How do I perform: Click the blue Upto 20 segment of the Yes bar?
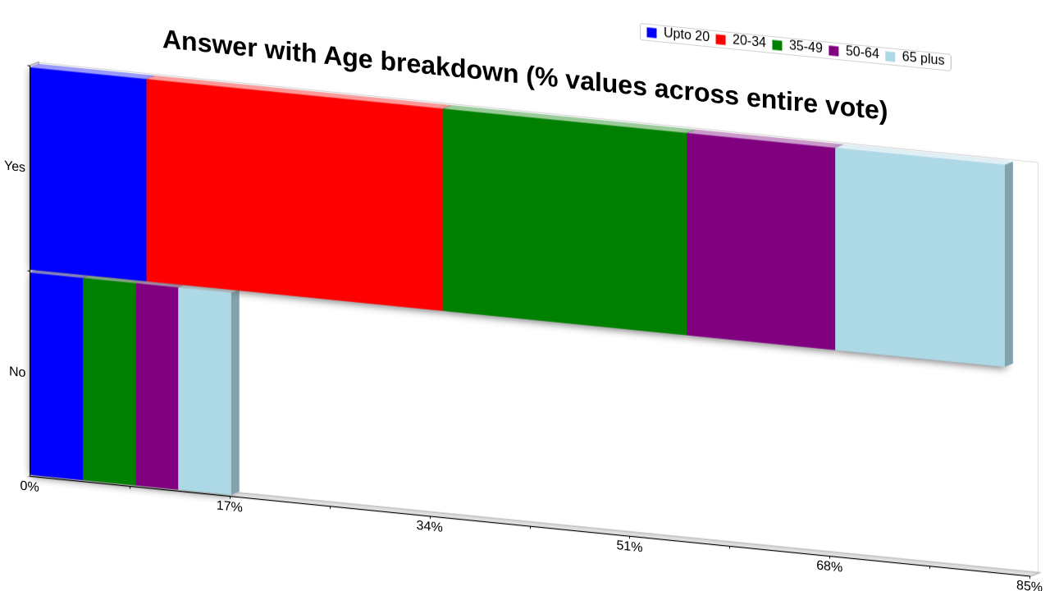click(x=88, y=174)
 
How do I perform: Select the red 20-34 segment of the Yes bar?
click(x=294, y=195)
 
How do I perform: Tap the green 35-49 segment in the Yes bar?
click(x=565, y=222)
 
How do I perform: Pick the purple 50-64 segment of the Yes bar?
click(x=760, y=241)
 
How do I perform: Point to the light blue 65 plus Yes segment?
click(x=920, y=257)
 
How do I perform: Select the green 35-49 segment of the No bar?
click(x=110, y=382)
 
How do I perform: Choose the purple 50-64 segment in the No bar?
click(x=157, y=387)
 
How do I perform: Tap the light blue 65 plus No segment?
click(x=205, y=392)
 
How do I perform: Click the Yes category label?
click(x=15, y=166)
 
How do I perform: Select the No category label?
click(x=17, y=372)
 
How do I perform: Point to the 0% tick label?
click(x=30, y=487)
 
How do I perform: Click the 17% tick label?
click(x=229, y=506)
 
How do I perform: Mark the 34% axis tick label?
click(x=429, y=526)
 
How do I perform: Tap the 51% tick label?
click(x=629, y=547)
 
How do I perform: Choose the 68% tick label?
click(x=829, y=566)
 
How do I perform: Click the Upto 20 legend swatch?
click(x=651, y=33)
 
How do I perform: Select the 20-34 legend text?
click(x=749, y=41)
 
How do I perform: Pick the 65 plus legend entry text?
click(x=923, y=57)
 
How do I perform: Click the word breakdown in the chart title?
click(x=450, y=67)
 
